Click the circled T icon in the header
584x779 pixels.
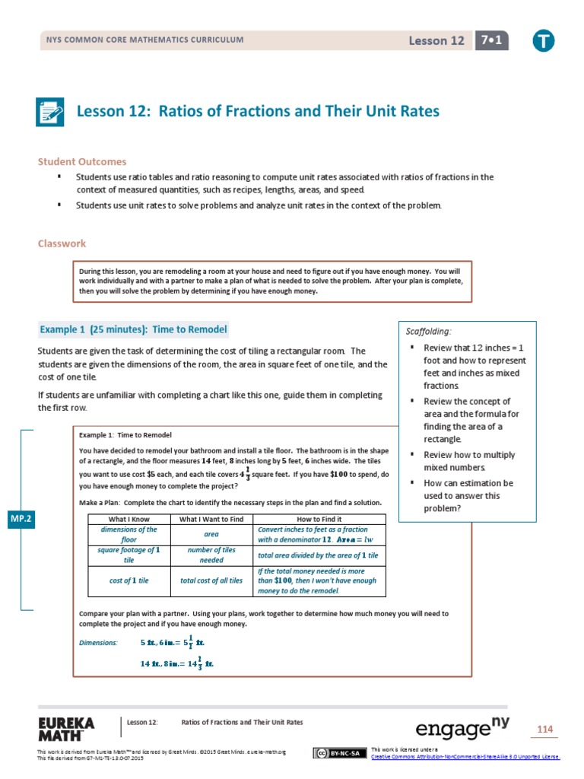coord(543,41)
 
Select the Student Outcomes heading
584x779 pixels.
coord(82,161)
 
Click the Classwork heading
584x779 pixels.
coord(62,243)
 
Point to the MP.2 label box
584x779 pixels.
coord(19,519)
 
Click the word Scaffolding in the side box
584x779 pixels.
coord(429,331)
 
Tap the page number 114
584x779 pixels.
coord(544,730)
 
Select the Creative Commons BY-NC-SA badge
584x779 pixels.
coord(335,752)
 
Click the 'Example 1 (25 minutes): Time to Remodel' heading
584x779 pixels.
coord(133,329)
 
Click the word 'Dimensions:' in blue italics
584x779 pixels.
coord(99,643)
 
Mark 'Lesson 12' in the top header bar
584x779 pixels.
coord(436,41)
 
